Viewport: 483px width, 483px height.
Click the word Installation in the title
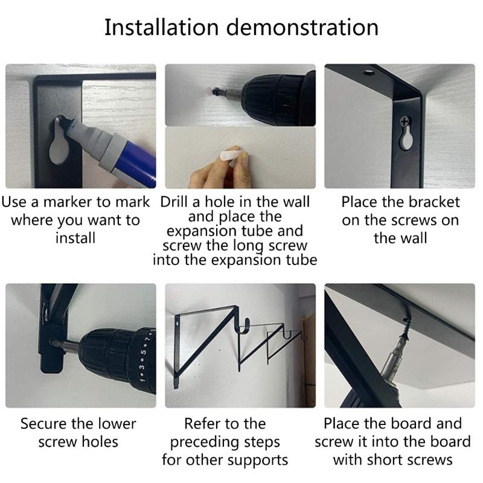(x=161, y=27)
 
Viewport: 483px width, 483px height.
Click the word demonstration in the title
(x=302, y=27)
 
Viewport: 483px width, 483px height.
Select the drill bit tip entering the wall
(x=216, y=91)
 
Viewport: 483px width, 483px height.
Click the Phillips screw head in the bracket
(x=405, y=121)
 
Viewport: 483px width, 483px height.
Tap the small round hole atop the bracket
(x=368, y=73)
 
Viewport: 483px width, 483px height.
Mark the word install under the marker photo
(x=75, y=238)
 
